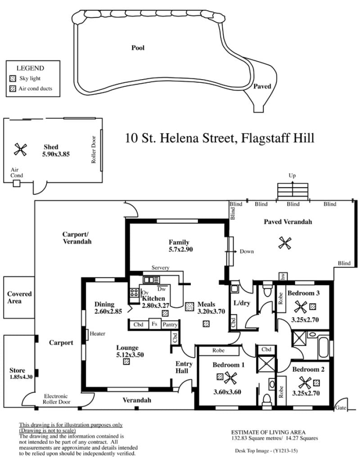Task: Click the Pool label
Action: [x=138, y=48]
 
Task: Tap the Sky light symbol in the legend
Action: [x=13, y=78]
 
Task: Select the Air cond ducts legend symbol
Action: [x=13, y=89]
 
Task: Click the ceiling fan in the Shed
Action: [x=20, y=149]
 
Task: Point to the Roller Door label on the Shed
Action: [x=94, y=150]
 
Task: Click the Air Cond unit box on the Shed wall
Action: [x=17, y=184]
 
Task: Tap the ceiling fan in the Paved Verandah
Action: [x=285, y=243]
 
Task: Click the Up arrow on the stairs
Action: [x=292, y=186]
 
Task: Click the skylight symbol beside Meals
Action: [x=189, y=306]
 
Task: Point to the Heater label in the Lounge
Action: [x=97, y=333]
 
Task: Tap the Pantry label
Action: [x=170, y=324]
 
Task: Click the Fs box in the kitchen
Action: [x=155, y=324]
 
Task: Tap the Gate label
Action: [x=341, y=408]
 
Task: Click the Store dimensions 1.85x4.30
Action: [x=21, y=377]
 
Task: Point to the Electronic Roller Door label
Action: [x=56, y=399]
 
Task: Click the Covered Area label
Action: [x=19, y=297]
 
